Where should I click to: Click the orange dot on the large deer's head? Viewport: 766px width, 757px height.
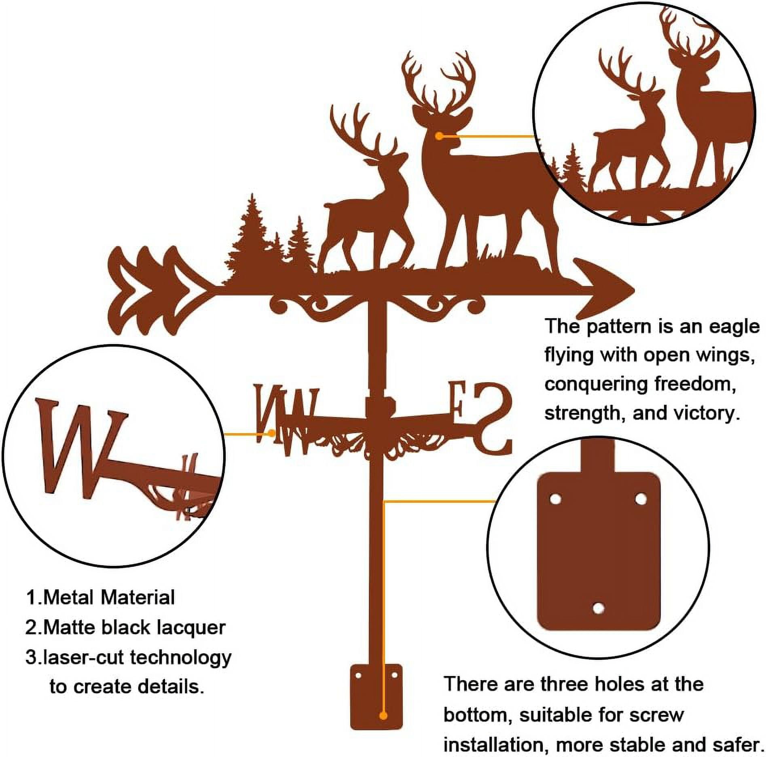tap(440, 136)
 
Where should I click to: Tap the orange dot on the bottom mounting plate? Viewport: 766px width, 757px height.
tap(383, 716)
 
